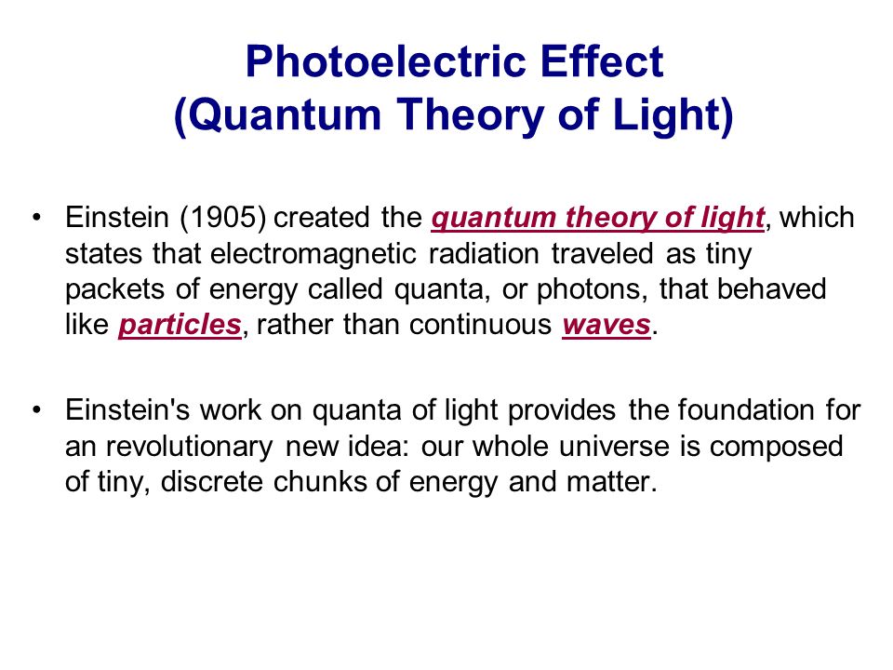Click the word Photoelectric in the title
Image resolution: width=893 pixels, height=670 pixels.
(x=386, y=61)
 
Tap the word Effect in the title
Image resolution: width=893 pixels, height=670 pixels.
(x=602, y=61)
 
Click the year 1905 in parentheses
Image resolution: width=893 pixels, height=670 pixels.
(x=222, y=217)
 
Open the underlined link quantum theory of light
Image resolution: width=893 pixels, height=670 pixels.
(x=597, y=218)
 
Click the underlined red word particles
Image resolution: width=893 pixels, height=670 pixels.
(x=180, y=326)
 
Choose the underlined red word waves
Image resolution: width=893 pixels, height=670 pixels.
(x=606, y=326)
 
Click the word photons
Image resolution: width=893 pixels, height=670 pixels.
(x=593, y=289)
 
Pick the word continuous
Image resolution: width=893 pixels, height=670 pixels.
(x=480, y=325)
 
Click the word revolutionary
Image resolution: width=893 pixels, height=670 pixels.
(x=190, y=447)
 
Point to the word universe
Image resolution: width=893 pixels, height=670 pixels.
(x=614, y=446)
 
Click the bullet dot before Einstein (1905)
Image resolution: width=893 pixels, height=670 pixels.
(x=37, y=218)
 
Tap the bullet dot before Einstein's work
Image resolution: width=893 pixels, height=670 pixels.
(x=37, y=410)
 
